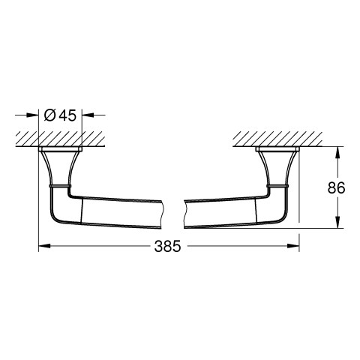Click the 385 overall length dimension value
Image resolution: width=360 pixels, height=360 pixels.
(167, 246)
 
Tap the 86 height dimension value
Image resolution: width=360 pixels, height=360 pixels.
(336, 187)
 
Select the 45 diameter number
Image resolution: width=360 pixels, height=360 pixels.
(68, 115)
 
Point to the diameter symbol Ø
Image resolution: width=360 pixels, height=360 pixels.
(49, 115)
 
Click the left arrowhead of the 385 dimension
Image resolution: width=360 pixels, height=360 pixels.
(44, 246)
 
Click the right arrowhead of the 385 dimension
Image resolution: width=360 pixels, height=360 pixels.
(293, 246)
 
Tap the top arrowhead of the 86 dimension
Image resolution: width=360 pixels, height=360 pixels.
(337, 153)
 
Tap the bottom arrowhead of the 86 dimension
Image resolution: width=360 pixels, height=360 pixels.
(337, 222)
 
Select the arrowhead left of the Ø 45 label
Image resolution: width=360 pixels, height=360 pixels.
(32, 115)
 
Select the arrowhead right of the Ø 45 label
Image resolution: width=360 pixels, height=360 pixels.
(88, 115)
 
